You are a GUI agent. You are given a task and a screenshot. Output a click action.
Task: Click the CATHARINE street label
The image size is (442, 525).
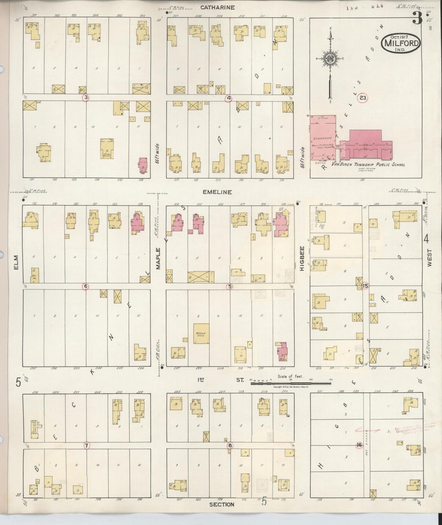217,7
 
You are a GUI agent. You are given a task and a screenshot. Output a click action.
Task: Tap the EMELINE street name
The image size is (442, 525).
217,192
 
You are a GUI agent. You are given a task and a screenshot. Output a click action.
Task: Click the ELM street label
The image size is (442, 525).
16,263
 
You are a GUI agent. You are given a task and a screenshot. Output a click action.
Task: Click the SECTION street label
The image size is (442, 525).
222,504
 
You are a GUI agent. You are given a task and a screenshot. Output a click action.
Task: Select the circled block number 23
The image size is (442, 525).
362,98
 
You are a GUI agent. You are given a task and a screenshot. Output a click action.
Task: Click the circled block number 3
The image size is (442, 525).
86,97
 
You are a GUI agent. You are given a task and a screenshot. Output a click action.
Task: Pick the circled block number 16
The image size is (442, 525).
359,445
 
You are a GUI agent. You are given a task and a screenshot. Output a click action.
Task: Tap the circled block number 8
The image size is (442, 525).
230,445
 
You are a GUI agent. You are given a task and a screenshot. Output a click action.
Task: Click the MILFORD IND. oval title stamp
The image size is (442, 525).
400,43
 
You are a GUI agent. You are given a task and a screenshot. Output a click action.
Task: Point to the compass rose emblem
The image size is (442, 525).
330,59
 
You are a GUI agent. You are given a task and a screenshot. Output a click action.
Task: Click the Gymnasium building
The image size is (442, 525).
323,138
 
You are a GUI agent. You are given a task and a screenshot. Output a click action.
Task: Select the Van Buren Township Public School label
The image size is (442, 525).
368,164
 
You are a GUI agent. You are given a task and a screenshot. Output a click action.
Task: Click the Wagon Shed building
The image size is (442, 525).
201,334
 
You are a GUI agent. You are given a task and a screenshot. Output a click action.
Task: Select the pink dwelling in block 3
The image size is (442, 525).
143,165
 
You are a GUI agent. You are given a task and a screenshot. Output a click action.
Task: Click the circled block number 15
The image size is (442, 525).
365,286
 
